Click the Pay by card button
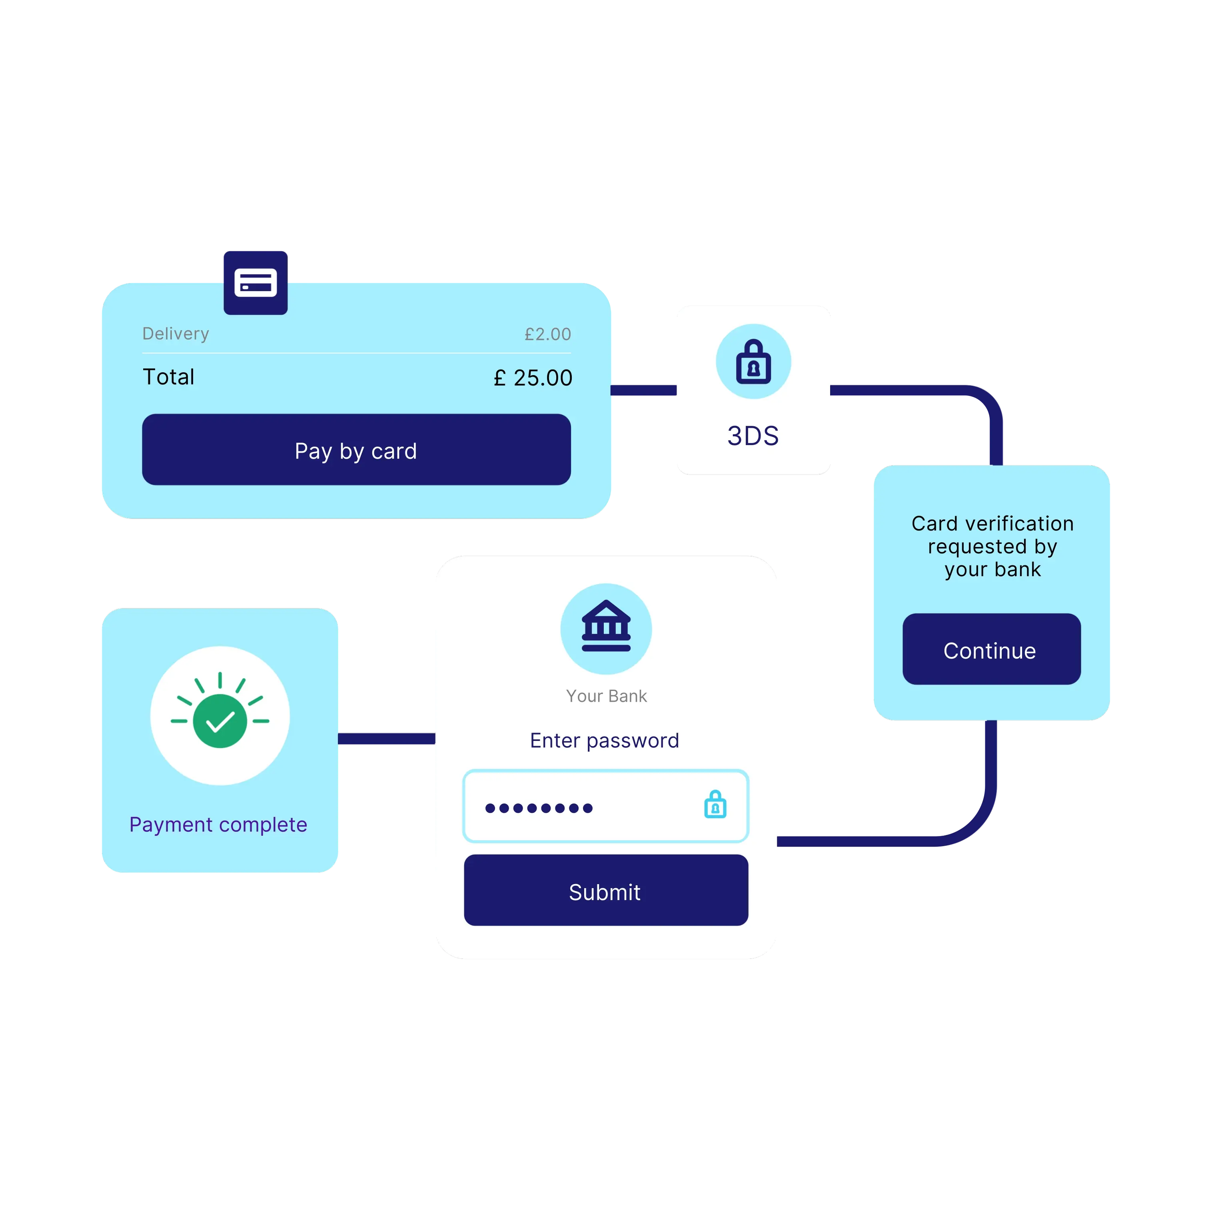pyautogui.click(x=356, y=450)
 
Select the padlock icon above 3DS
pyautogui.click(x=753, y=361)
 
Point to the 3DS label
pyautogui.click(x=753, y=436)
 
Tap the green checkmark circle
pyautogui.click(x=220, y=720)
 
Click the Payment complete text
pyautogui.click(x=218, y=824)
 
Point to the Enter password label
pyautogui.click(x=604, y=740)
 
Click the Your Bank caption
pyautogui.click(x=606, y=696)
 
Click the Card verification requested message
pyautogui.click(x=992, y=546)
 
